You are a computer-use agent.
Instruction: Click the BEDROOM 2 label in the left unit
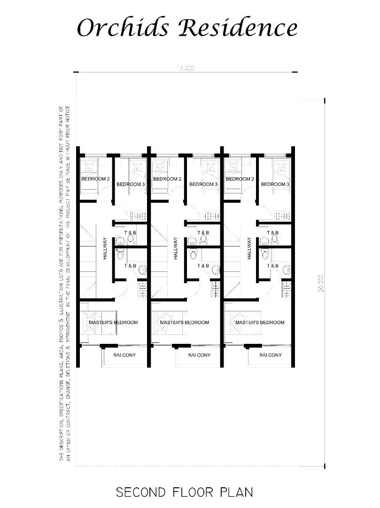pos(96,179)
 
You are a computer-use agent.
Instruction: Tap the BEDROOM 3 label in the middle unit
pos(203,184)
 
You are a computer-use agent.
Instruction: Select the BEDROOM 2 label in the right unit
pos(240,179)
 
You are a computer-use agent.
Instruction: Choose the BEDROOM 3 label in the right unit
pos(275,184)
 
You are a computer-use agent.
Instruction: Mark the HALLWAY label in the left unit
pos(105,248)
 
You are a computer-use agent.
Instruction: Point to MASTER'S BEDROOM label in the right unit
pos(260,322)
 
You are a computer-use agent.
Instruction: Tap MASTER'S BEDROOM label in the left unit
pos(113,322)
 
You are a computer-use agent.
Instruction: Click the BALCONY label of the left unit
pos(124,355)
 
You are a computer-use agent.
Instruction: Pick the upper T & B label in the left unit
pos(130,233)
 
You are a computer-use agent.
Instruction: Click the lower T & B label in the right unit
pos(272,266)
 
